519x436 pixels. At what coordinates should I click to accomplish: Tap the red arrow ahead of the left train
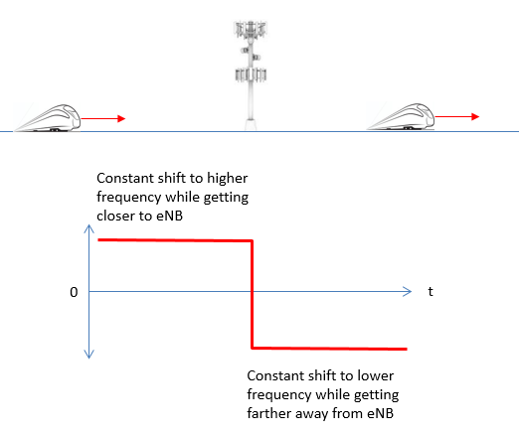(103, 118)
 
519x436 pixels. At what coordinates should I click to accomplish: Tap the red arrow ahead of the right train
(457, 116)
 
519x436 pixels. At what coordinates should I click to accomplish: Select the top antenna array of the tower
(251, 30)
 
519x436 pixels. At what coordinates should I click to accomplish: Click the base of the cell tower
(251, 125)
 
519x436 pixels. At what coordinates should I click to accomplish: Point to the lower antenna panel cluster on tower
(251, 74)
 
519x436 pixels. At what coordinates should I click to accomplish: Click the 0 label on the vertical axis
(74, 292)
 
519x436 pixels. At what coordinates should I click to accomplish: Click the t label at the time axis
(431, 291)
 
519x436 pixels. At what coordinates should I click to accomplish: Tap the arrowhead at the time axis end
(408, 291)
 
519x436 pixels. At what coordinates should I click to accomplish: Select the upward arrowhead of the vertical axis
(88, 228)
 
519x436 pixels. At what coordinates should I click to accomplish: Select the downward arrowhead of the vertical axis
(88, 355)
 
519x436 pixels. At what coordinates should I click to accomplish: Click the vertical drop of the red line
(253, 294)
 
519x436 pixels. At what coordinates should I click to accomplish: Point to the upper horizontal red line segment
(175, 240)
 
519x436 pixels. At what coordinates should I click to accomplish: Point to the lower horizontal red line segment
(329, 349)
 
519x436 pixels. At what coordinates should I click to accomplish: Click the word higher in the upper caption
(228, 178)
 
